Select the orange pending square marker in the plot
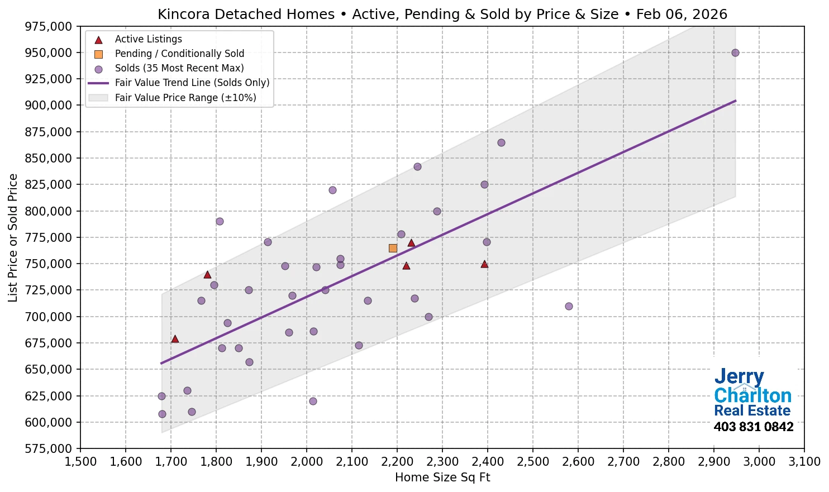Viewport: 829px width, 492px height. coord(393,248)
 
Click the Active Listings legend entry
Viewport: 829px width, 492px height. coord(148,39)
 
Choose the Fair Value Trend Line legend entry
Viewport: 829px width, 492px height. coord(192,83)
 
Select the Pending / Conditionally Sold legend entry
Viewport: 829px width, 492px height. coord(179,54)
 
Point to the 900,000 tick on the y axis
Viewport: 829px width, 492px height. coord(49,106)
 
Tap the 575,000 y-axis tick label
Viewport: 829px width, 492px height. coord(49,448)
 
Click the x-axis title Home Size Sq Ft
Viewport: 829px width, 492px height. coord(442,477)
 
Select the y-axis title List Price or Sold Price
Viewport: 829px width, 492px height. coord(13,238)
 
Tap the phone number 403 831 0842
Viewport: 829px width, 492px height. coord(753,427)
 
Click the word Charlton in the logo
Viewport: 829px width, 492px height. coord(752,396)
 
